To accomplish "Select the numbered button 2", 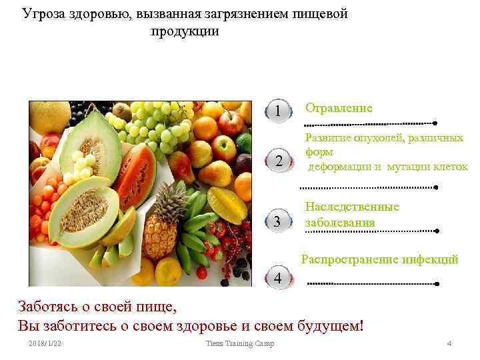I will pyautogui.click(x=279, y=161).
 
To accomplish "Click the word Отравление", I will pyautogui.click(x=339, y=108).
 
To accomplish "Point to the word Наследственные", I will pyautogui.click(x=352, y=207).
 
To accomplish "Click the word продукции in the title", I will pyautogui.click(x=185, y=31).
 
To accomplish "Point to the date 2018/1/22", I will pyautogui.click(x=45, y=343).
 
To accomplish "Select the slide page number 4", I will pyautogui.click(x=449, y=343).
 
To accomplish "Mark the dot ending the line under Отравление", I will pyautogui.click(x=435, y=123).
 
